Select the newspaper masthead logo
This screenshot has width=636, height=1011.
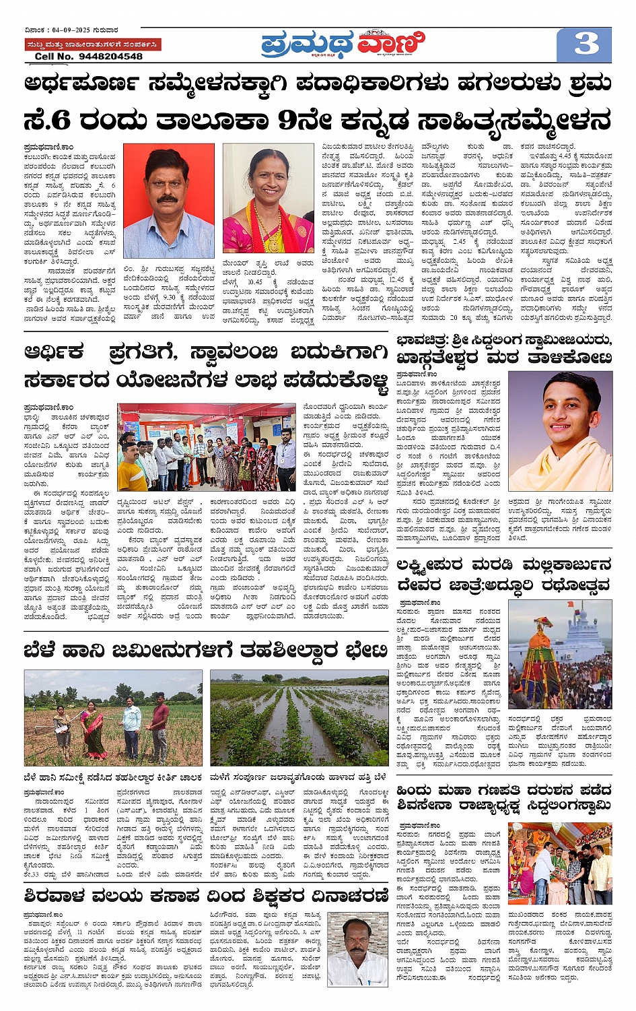pyautogui.click(x=343, y=44)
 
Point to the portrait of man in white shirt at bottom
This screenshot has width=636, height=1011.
pyautogui.click(x=357, y=950)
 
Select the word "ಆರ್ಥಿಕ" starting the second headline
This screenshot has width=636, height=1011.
pyautogui.click(x=54, y=352)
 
